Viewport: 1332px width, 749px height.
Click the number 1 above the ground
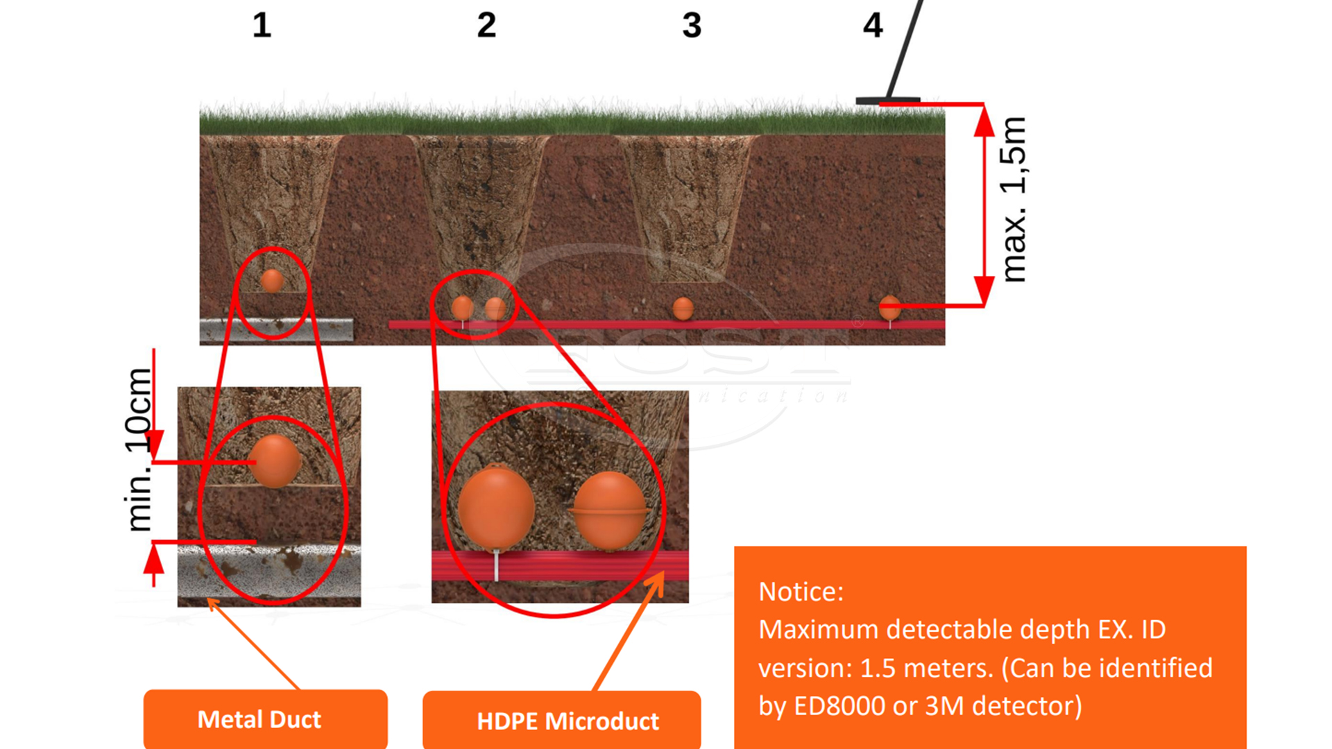tap(262, 26)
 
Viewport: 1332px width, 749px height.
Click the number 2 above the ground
tap(486, 26)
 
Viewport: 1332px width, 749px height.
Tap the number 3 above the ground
tap(692, 26)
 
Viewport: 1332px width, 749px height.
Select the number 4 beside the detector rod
tap(873, 26)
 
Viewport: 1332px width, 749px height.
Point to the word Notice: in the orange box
tap(801, 592)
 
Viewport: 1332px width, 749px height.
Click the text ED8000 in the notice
tap(839, 706)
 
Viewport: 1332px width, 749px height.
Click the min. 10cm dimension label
tap(139, 449)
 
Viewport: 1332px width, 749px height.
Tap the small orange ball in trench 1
tap(271, 281)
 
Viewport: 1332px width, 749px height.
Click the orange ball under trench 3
tap(683, 308)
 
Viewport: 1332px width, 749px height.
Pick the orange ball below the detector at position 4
tap(889, 307)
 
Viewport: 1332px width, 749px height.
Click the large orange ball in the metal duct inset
tap(275, 460)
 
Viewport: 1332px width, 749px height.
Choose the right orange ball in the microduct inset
tap(610, 509)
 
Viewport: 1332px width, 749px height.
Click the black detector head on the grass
tap(887, 101)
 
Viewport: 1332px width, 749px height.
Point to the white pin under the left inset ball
tap(496, 565)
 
